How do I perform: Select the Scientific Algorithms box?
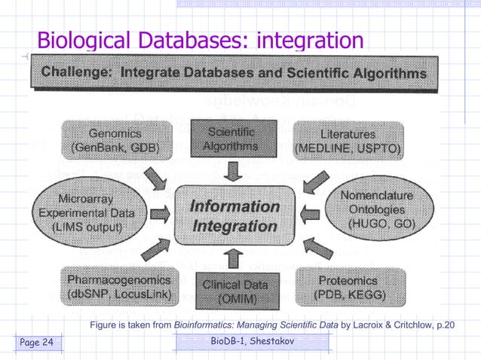(x=232, y=139)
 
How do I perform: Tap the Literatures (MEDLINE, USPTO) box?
(x=348, y=140)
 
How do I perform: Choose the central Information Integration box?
(x=234, y=215)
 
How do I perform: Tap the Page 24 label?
(x=37, y=343)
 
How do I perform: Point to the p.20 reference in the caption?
(x=445, y=325)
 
